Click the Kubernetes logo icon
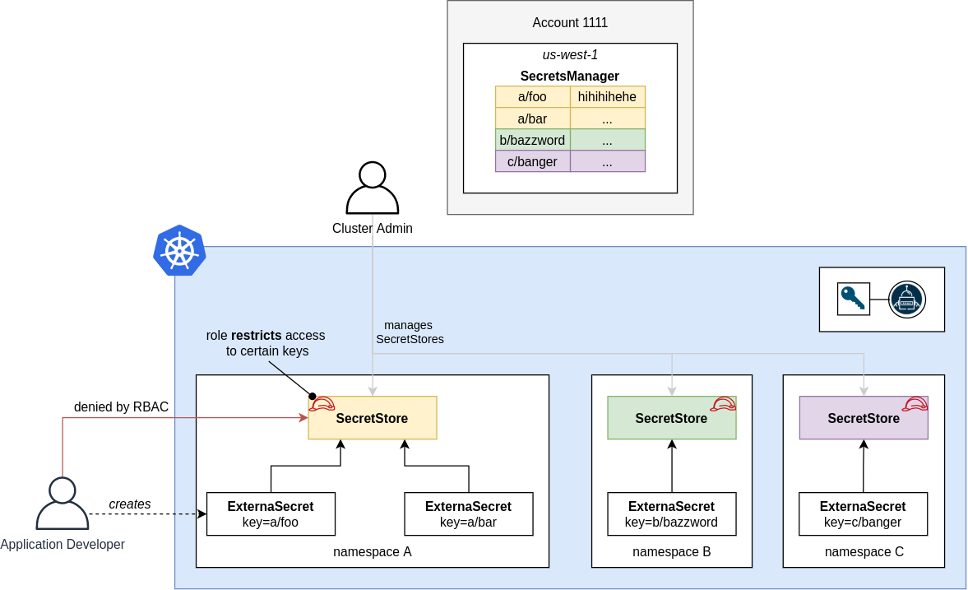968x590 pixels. [179, 250]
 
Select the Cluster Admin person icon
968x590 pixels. [373, 188]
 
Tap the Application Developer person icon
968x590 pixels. [63, 504]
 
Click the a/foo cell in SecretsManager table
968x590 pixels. [532, 97]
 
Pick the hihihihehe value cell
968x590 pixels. [607, 97]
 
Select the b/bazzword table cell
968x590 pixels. [532, 140]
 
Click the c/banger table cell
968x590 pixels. [532, 161]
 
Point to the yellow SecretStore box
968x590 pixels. [372, 418]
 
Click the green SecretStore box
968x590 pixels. [671, 418]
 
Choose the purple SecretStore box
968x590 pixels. [864, 418]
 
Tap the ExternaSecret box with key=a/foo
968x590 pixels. [271, 514]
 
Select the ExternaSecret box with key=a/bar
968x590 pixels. [468, 514]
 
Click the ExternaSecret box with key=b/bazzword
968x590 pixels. [671, 514]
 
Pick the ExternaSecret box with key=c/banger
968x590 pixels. [863, 514]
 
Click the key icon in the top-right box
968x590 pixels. [853, 299]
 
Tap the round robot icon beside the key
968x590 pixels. [906, 300]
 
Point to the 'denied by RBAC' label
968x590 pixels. [121, 406]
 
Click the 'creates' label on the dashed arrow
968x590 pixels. [130, 504]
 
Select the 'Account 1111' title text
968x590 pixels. [570, 23]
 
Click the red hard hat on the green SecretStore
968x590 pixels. [724, 404]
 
